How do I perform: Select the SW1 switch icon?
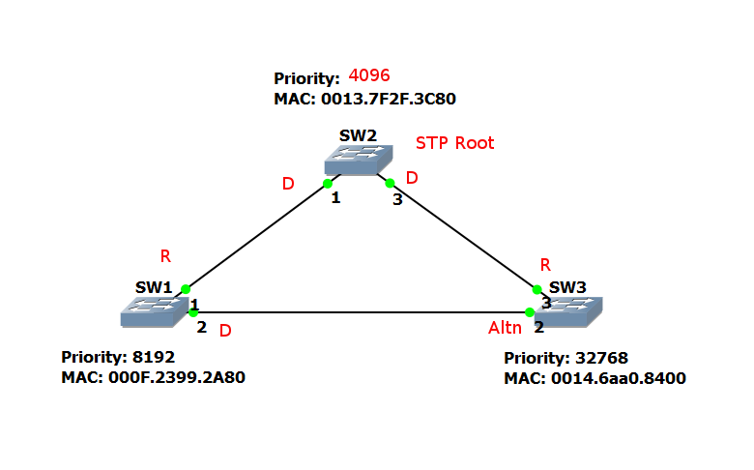point(154,309)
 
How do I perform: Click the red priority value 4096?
point(369,76)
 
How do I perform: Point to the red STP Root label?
point(455,143)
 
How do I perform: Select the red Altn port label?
point(505,329)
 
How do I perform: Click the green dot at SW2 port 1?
point(328,183)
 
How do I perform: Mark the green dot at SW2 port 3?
point(391,182)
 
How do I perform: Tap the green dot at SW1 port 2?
point(193,312)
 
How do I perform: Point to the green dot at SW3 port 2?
point(530,312)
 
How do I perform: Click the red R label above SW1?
point(165,256)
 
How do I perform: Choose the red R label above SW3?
point(545,264)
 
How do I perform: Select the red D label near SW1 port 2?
point(225,331)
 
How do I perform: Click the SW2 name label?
point(358,134)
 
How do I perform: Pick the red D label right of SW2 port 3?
point(412,178)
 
